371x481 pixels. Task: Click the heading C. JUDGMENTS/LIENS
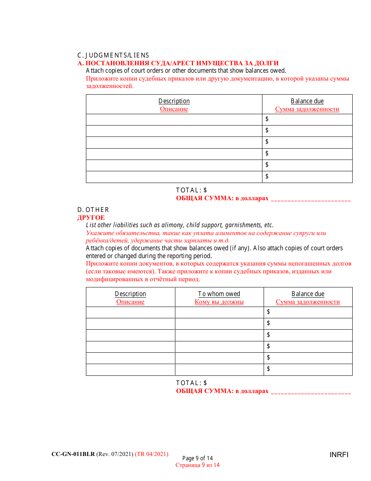click(113, 56)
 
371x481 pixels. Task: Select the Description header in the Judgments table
click(174, 101)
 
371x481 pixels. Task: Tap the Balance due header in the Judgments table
click(307, 101)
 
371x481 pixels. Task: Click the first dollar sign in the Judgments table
click(267, 118)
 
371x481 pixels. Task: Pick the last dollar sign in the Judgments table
click(267, 176)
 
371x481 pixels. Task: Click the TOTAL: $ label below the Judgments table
click(191, 190)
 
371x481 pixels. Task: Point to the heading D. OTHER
click(93, 210)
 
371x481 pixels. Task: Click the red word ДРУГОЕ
click(91, 217)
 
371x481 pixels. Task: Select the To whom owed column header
click(219, 294)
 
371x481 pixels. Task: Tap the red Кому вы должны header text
click(219, 302)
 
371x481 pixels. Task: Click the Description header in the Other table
click(130, 294)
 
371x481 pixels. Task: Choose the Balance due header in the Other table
click(308, 294)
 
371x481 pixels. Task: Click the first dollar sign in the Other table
click(269, 312)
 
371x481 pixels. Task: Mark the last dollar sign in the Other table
click(269, 369)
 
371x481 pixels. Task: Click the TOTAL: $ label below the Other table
click(191, 383)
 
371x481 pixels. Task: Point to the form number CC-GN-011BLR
click(73, 454)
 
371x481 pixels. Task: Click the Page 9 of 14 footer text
click(198, 458)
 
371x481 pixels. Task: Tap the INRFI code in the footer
click(339, 455)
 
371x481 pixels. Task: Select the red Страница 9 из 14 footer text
click(198, 465)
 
